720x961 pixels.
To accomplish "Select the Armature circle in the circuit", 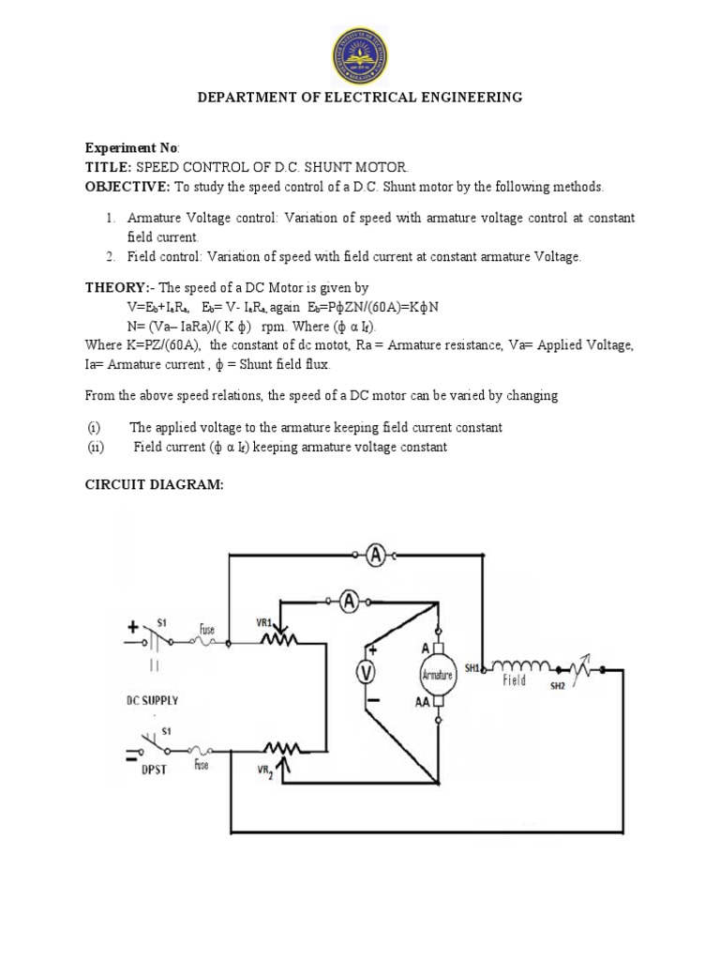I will pos(437,674).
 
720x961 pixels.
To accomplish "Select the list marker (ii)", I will pos(95,448).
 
